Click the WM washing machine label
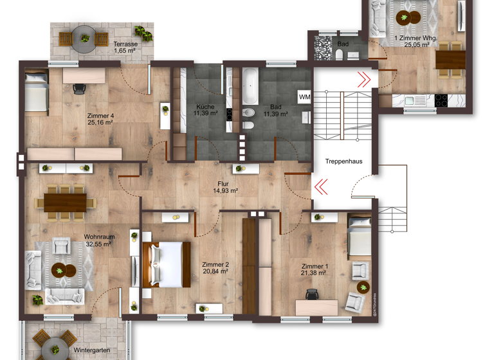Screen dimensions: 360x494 point(304,97)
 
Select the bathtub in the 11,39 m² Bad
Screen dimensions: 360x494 point(250,87)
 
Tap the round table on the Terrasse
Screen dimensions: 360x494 point(84,39)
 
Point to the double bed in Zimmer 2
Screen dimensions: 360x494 point(166,264)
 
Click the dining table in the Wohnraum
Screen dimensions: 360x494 point(64,201)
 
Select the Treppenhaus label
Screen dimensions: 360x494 point(343,161)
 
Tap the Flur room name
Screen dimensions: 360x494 point(223,184)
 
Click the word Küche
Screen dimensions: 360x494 point(205,107)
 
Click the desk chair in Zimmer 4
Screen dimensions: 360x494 point(80,89)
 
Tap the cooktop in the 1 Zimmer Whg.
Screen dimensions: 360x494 point(442,101)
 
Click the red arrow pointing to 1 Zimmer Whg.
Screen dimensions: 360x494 point(364,79)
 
